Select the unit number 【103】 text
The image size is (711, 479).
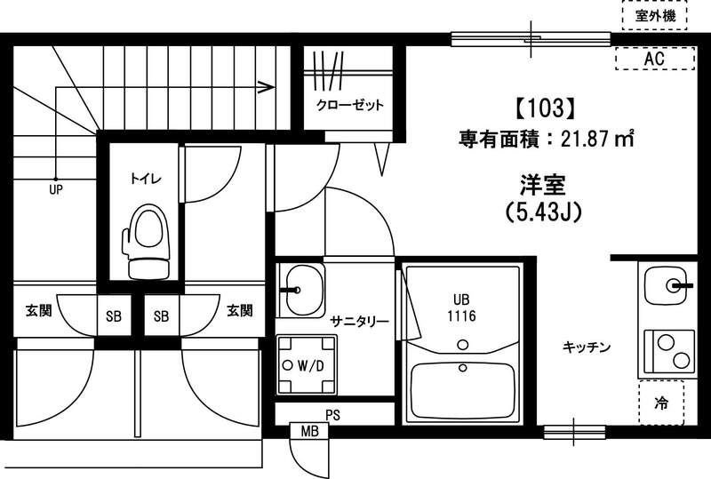[x=539, y=108]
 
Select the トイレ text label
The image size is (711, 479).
[x=140, y=178]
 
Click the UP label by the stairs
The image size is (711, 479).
[x=55, y=188]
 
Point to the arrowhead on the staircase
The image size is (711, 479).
[x=265, y=87]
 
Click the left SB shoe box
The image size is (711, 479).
[x=114, y=315]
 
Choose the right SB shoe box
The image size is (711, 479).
[x=162, y=315]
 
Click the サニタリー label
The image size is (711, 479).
[x=358, y=321]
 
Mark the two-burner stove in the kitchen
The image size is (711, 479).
[x=667, y=350]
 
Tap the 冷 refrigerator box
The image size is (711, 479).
[x=661, y=403]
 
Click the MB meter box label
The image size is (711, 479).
[x=309, y=432]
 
